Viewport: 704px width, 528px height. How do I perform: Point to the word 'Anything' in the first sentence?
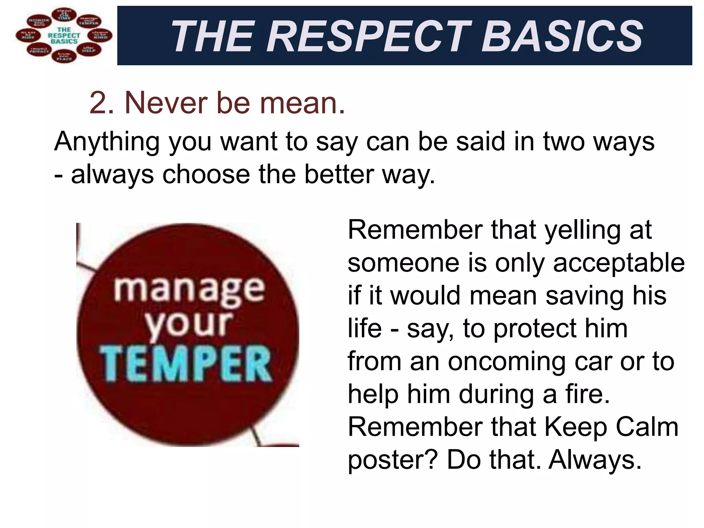(107, 142)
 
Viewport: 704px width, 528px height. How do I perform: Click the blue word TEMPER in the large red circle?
(186, 364)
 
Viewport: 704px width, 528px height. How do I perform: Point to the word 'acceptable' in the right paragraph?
(619, 263)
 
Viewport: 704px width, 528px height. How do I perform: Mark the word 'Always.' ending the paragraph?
(595, 460)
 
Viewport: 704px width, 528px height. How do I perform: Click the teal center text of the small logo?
(64, 35)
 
